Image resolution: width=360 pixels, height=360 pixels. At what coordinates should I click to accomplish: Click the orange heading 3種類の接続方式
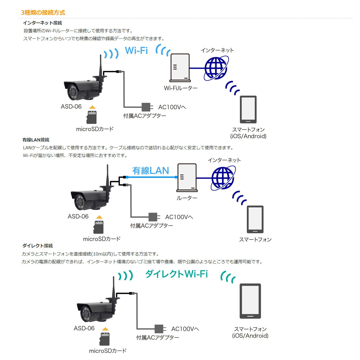pos(43,12)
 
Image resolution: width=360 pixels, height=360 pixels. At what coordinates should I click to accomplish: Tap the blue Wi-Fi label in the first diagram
pos(136,51)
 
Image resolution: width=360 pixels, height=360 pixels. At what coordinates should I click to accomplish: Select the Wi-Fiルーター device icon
pos(180,68)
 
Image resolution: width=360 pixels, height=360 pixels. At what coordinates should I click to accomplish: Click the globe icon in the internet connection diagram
pos(216,68)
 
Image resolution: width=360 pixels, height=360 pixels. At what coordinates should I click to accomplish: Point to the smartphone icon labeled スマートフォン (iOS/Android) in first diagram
pos(248,109)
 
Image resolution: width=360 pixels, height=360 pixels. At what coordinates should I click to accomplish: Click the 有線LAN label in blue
pos(151,171)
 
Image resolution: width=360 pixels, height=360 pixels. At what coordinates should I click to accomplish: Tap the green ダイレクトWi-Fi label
pos(176,274)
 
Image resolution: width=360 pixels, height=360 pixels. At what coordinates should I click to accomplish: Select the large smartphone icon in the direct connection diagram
pos(250,301)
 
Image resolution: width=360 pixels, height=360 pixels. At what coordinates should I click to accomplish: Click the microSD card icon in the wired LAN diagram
pos(98,227)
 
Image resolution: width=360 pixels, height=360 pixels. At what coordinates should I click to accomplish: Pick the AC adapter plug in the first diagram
pos(146,107)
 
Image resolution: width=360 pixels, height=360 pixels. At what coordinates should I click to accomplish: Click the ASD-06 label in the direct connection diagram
pos(84,328)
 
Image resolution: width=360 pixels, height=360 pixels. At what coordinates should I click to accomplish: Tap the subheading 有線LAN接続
pos(36,140)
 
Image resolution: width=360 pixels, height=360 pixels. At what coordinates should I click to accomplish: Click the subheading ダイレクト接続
pos(38,246)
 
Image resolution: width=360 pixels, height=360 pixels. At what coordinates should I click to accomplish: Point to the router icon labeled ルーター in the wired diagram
pos(187,178)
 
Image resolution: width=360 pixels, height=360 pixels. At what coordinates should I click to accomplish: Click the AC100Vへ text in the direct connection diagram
pos(185,329)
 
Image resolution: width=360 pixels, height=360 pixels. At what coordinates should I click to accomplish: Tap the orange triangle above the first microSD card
pos(92,107)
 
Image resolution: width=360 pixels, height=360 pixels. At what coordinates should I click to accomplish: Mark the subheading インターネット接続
pos(42,23)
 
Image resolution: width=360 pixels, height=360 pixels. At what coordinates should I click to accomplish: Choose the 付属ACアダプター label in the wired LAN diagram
pos(152,226)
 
